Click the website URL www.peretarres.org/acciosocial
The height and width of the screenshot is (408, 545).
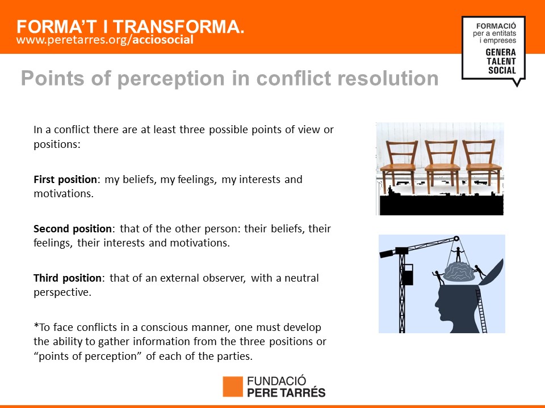[x=104, y=40]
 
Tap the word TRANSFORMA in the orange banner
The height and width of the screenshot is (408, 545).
[x=178, y=27]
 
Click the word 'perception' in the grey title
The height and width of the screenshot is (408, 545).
[x=171, y=79]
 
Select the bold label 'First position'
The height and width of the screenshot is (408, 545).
[x=65, y=180]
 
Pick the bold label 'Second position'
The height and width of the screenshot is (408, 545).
[x=72, y=228]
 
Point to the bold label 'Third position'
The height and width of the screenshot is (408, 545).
[x=68, y=278]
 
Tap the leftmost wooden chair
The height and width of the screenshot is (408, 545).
[x=399, y=166]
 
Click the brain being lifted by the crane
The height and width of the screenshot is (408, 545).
[x=459, y=271]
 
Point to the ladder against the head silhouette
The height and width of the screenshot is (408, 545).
[x=481, y=311]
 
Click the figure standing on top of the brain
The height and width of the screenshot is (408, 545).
[x=458, y=254]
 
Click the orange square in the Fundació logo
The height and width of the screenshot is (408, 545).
[x=233, y=386]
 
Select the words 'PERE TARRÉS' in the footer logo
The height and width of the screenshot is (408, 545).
[x=286, y=392]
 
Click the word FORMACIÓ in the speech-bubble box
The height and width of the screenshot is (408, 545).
[x=496, y=26]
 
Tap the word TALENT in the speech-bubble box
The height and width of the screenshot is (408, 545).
[x=501, y=61]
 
